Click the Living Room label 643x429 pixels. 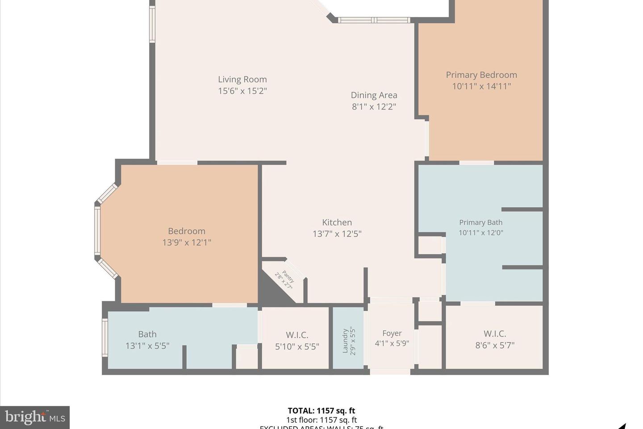[x=242, y=80]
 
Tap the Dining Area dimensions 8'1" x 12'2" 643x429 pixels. [x=374, y=107]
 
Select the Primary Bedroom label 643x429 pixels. [x=481, y=75]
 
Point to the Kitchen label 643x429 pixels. [x=337, y=223]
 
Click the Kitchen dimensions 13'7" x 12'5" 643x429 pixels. [x=337, y=234]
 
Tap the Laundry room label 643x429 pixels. [x=345, y=341]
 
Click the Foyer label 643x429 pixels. [x=392, y=333]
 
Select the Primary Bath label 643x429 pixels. [x=480, y=223]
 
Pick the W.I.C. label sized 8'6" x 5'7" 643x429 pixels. [x=494, y=334]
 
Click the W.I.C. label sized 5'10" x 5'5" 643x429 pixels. [x=297, y=335]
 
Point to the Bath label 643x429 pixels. [x=147, y=334]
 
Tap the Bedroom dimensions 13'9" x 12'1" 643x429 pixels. [x=186, y=243]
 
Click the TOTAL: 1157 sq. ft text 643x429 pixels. [x=321, y=411]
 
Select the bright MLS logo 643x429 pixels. [x=35, y=417]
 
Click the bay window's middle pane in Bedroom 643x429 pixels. [x=97, y=231]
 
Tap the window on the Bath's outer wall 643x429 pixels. [x=105, y=337]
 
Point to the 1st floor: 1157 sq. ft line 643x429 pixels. [x=321, y=420]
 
